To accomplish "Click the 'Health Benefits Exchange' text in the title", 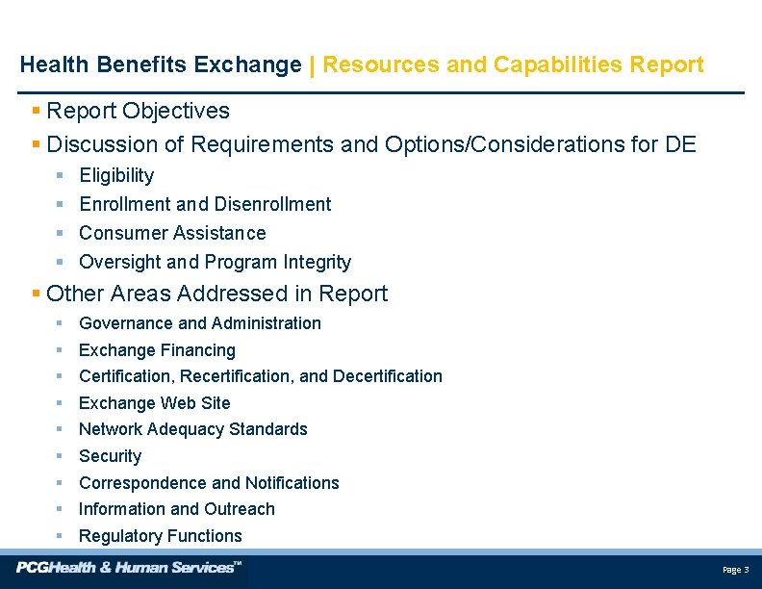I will [161, 65].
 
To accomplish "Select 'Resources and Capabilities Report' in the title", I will [513, 65].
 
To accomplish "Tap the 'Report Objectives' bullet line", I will [138, 112].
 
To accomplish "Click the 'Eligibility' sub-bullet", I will [116, 175].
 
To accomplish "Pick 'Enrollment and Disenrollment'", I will [205, 204].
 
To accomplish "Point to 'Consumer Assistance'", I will [172, 233].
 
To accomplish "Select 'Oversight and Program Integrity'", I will [215, 262].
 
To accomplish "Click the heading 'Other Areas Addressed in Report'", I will [216, 294].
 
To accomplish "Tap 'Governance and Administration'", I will [200, 323].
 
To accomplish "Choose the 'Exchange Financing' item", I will [157, 350].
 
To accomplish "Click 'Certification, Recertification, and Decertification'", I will [261, 376].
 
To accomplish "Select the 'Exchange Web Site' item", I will [155, 403].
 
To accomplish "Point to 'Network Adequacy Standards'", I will [193, 429].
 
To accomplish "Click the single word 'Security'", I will [110, 456].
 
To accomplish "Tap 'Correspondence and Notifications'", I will [209, 483].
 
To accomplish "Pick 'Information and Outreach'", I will [177, 509].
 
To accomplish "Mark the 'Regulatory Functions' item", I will [161, 536].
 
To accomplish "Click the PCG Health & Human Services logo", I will [129, 568].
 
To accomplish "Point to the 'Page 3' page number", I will [735, 571].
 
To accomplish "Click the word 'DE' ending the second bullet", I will [680, 145].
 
